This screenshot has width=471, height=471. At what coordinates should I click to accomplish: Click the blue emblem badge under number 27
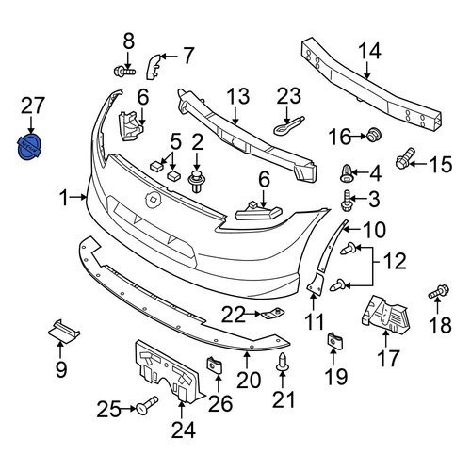pyautogui.click(x=29, y=147)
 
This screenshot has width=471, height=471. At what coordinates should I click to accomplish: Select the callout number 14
pyautogui.click(x=369, y=52)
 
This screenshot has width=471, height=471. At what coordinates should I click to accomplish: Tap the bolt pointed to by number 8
pyautogui.click(x=124, y=72)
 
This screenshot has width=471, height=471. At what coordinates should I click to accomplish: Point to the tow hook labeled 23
pyautogui.click(x=288, y=125)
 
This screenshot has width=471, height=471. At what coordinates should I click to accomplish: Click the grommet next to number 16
pyautogui.click(x=374, y=135)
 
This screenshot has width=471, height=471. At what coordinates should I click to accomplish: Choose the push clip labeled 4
pyautogui.click(x=347, y=173)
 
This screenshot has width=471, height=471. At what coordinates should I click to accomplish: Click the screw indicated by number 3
pyautogui.click(x=346, y=201)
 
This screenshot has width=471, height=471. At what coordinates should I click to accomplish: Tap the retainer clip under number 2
pyautogui.click(x=197, y=182)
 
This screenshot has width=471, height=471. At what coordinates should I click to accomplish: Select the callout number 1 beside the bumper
pyautogui.click(x=64, y=198)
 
